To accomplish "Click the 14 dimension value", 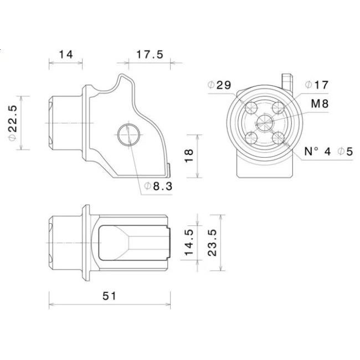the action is coord(66,55).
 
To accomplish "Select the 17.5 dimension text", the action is coord(150,55).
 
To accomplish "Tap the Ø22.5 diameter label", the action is coord(13,123).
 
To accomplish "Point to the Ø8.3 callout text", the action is coord(158,186).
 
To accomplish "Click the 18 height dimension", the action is coord(189,156).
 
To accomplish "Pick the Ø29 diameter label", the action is coord(219,85).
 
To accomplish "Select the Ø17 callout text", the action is coord(317,85).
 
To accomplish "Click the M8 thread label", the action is coord(320,104).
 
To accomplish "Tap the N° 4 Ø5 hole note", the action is coord(328,152).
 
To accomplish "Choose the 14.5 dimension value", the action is coord(189,242).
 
